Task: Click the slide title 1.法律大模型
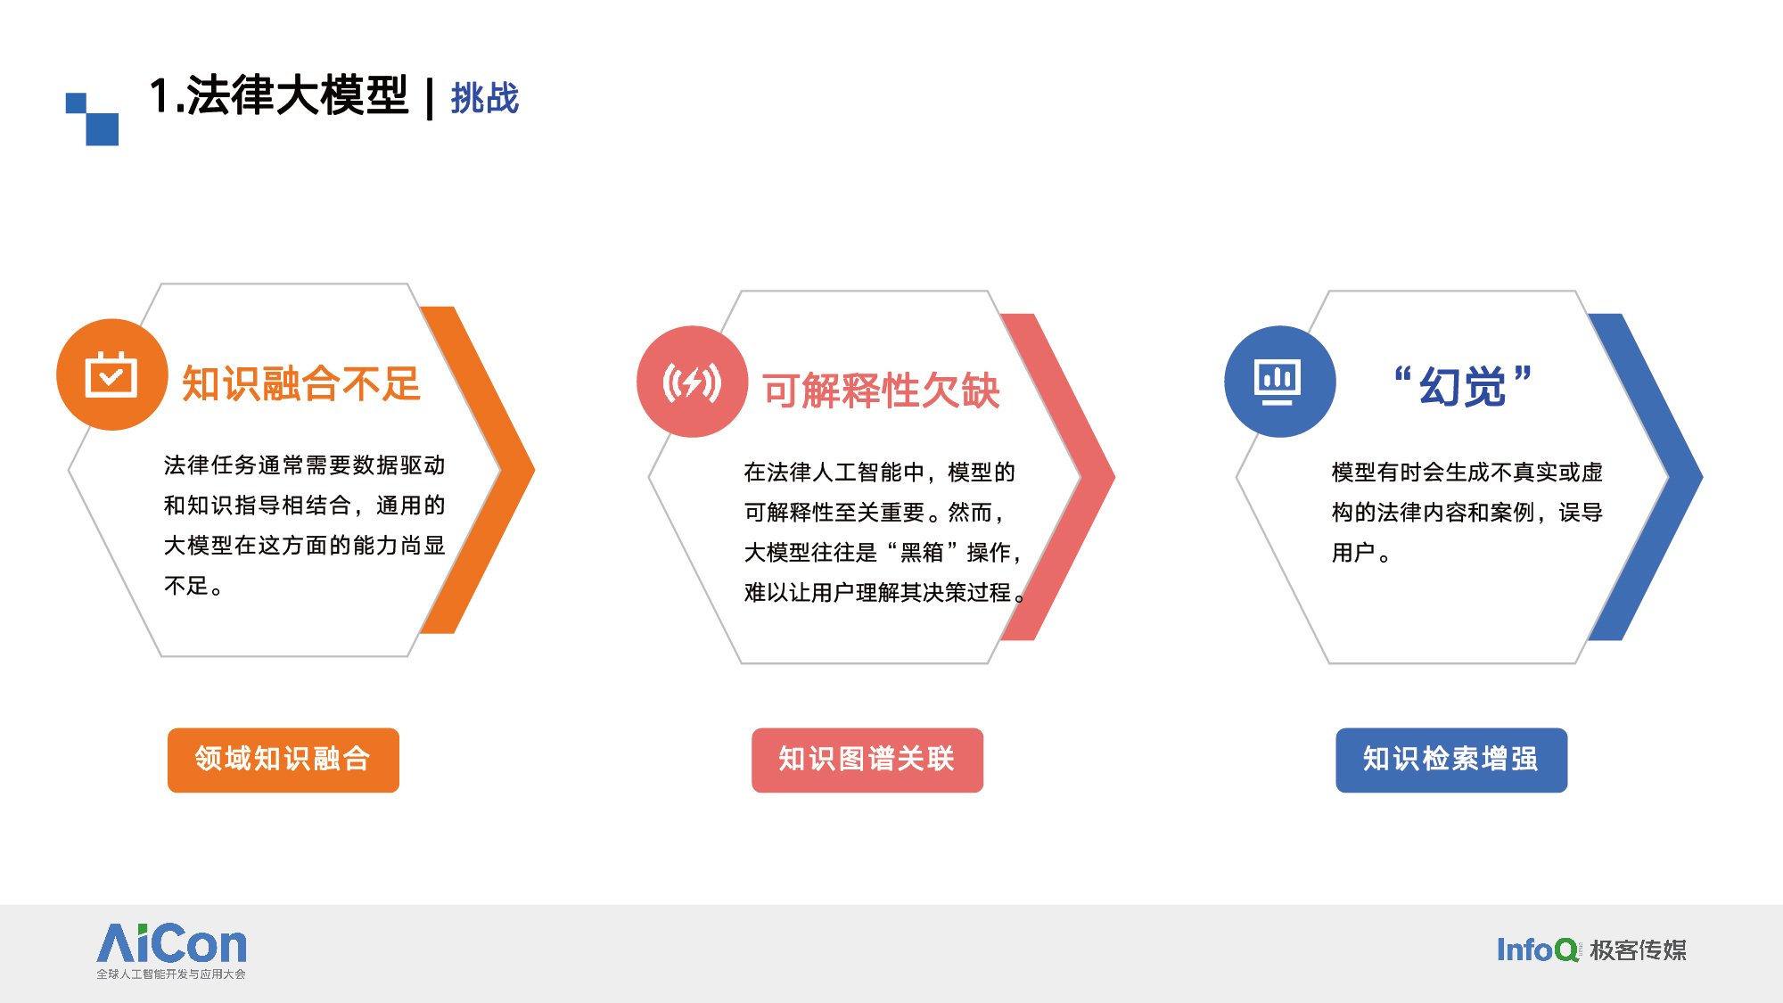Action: [x=278, y=95]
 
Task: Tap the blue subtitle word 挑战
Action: [x=485, y=98]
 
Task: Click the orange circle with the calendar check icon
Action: [x=111, y=374]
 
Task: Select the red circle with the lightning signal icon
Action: [x=692, y=382]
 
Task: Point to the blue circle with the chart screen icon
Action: [x=1279, y=382]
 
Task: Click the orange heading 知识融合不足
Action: [x=301, y=384]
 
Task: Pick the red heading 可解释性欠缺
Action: [x=881, y=391]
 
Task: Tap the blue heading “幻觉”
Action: [x=1463, y=387]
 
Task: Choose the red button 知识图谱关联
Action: [x=867, y=760]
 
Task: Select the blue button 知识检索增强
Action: [x=1451, y=760]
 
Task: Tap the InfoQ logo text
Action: [x=1538, y=950]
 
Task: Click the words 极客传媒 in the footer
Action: [x=1639, y=950]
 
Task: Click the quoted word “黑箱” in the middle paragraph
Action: [x=922, y=553]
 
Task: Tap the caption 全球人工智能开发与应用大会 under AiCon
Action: [x=171, y=974]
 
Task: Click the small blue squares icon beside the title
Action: [x=92, y=119]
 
